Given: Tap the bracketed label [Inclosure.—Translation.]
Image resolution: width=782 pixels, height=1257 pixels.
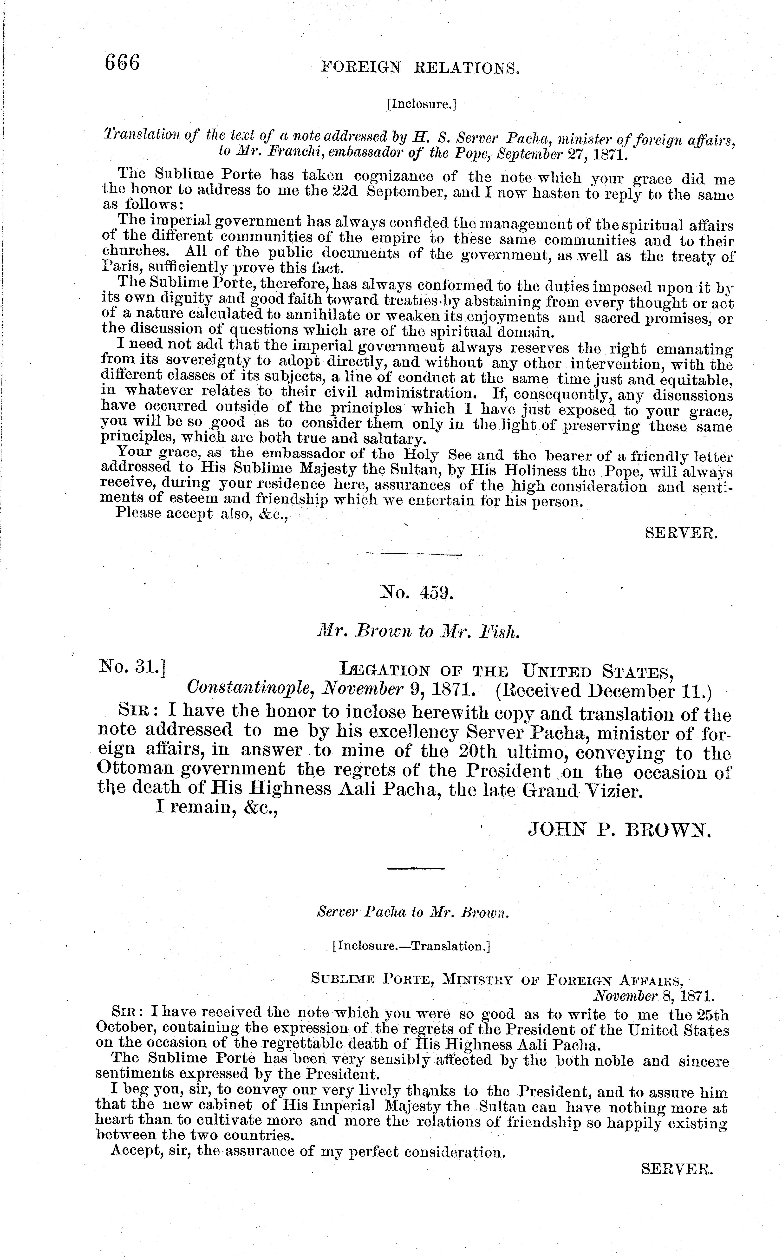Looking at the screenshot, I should (x=411, y=946).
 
